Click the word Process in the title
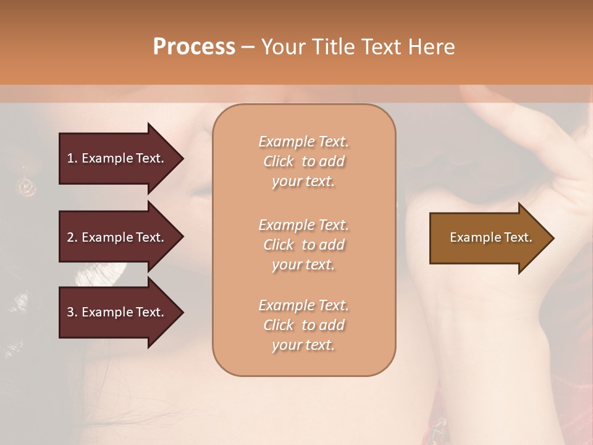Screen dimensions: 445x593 [x=194, y=47]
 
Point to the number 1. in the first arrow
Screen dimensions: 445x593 [x=72, y=158]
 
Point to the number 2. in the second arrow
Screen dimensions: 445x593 [x=72, y=237]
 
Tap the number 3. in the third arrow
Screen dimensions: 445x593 [x=72, y=312]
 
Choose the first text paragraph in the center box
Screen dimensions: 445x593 [x=304, y=161]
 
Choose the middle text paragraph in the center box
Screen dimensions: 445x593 [x=304, y=245]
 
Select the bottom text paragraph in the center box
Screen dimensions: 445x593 [x=304, y=325]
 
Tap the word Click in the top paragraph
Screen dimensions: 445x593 [x=278, y=161]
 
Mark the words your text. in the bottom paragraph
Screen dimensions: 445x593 [x=303, y=345]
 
